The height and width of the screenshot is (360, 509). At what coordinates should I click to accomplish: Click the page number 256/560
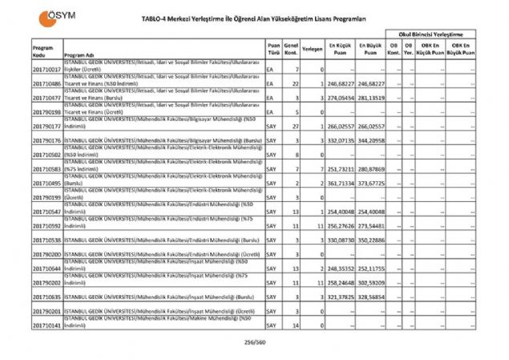point(256,342)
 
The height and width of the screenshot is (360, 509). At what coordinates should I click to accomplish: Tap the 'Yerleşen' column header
point(313,48)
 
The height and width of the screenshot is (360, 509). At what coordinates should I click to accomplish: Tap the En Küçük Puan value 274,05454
point(340,98)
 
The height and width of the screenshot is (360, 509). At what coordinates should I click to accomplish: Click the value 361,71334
point(340,183)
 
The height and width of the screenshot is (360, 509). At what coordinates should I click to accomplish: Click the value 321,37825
point(340,297)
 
